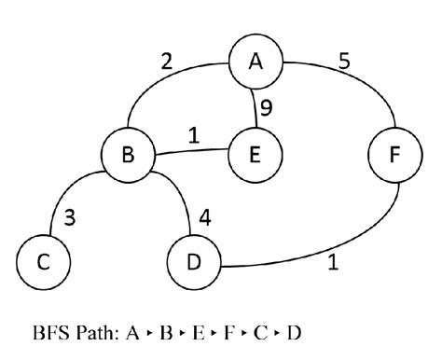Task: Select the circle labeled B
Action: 130,155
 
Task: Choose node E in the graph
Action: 256,155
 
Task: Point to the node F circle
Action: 392,155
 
